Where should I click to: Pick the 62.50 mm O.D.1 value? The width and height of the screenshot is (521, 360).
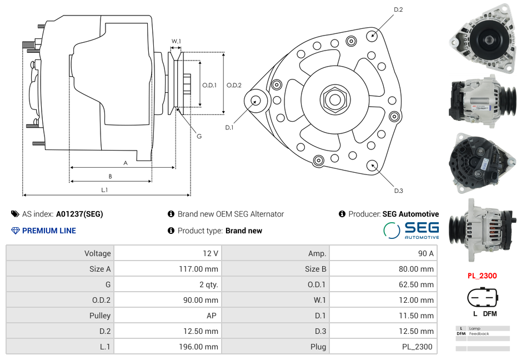point(417,284)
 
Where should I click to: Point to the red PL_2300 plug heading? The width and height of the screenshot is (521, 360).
point(482,276)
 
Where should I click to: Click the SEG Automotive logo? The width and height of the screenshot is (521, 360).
point(411,230)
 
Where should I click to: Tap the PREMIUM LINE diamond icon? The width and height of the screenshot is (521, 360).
point(16,231)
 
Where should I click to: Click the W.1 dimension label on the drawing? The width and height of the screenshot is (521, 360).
point(176,41)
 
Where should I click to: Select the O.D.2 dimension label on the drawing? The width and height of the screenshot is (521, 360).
point(234,85)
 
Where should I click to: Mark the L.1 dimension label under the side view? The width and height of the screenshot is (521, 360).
point(104,190)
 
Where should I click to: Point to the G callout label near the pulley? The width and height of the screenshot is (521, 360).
point(199,137)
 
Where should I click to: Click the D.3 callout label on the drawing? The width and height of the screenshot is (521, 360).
point(398,191)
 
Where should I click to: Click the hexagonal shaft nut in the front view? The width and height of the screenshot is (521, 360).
point(334,99)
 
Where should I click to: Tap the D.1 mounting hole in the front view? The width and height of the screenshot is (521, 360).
point(256,101)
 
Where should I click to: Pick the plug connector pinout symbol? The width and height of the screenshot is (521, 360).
point(481,298)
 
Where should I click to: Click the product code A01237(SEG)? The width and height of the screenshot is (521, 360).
point(79,214)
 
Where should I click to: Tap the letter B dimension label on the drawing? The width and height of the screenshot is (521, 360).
point(110,176)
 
